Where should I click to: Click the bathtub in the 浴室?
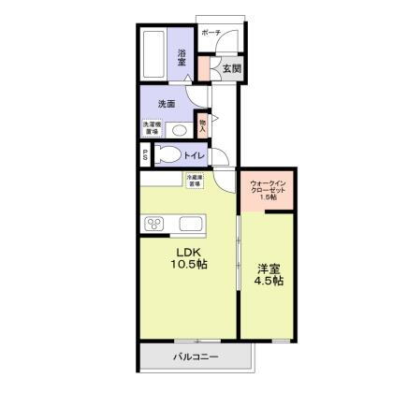tap(154, 54)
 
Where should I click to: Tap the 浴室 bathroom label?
tap(182, 56)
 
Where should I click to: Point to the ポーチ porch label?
tap(211, 33)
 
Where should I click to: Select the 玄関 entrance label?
tap(231, 68)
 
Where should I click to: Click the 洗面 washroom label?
tap(167, 103)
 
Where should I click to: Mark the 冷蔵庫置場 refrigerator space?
tap(194, 182)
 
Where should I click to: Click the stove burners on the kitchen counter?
tap(154, 225)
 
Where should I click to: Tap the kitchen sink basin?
tap(190, 225)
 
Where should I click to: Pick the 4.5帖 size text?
tap(269, 282)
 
